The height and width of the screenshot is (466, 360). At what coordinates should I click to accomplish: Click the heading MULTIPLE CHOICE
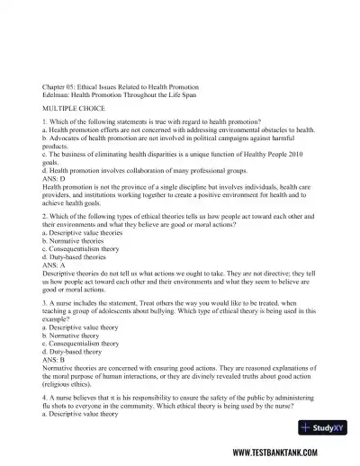point(71,105)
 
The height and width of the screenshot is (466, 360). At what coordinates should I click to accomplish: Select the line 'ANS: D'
point(54,176)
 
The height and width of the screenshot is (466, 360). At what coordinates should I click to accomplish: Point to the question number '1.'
point(45,121)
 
